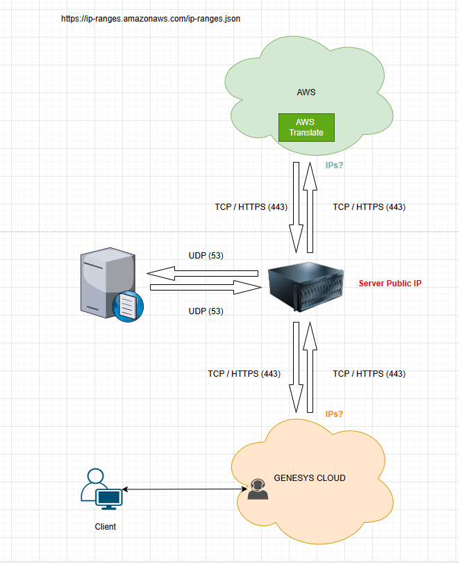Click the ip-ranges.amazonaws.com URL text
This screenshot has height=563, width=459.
tap(151, 19)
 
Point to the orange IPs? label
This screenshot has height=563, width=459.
tap(334, 414)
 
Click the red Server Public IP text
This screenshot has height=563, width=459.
tap(390, 284)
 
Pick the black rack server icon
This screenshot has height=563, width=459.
tap(306, 286)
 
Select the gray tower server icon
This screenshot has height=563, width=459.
tap(106, 281)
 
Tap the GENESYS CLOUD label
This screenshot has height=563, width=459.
tap(310, 478)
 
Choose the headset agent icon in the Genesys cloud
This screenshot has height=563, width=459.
tap(258, 489)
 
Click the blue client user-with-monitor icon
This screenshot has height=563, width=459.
tap(101, 489)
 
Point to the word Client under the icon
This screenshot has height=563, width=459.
tap(106, 527)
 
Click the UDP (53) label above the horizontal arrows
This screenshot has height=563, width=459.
tap(206, 256)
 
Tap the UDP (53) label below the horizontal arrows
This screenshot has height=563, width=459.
tap(206, 311)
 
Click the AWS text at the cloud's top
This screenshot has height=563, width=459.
tap(306, 92)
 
